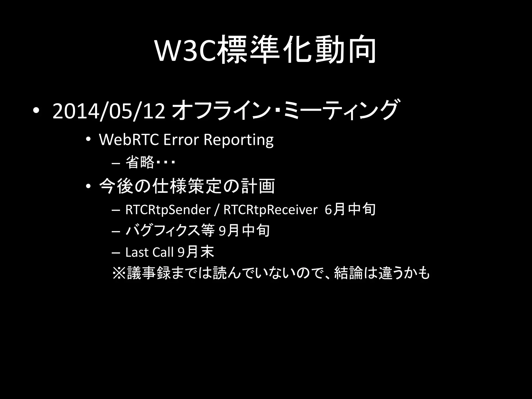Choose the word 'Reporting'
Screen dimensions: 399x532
click(238, 140)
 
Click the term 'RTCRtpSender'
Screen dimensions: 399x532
click(168, 210)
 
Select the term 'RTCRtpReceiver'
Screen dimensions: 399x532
click(270, 210)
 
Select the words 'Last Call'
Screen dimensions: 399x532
click(149, 252)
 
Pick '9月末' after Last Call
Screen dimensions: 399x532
click(196, 252)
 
